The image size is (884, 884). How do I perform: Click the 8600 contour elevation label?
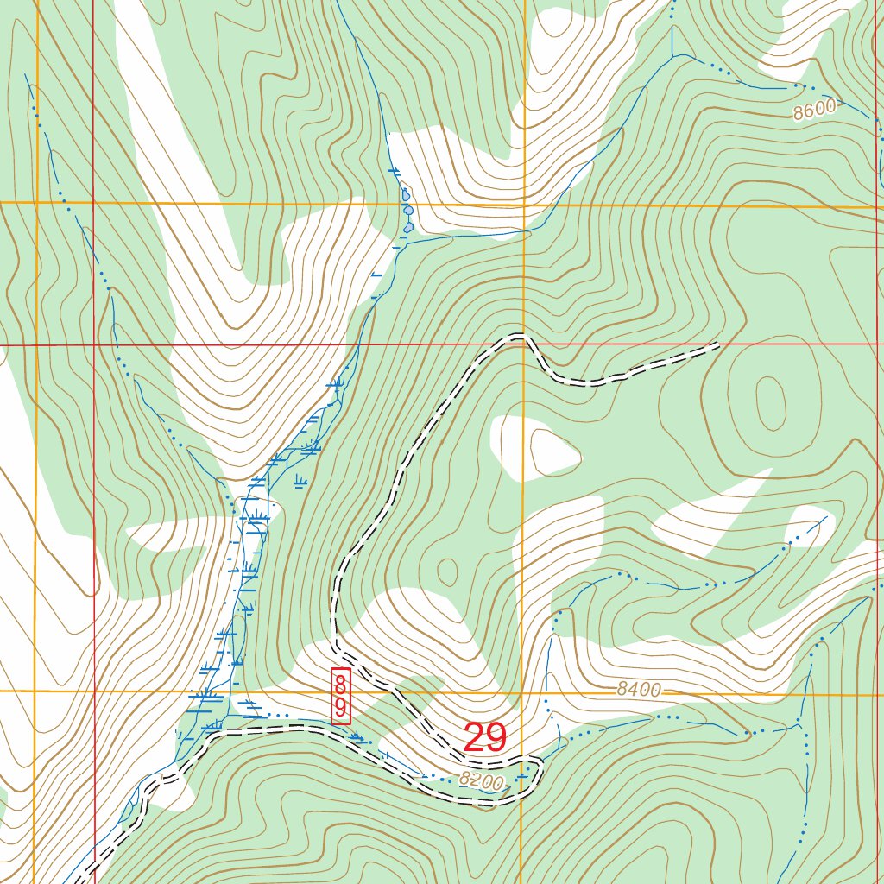point(815,110)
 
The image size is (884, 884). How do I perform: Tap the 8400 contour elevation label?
point(639,690)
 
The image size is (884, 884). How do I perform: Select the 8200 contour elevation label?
point(480,780)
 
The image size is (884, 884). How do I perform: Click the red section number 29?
point(484,738)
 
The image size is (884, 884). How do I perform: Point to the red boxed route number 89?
point(341,696)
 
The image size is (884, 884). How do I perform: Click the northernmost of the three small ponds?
point(405,196)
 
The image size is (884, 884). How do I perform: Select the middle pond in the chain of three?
point(407,210)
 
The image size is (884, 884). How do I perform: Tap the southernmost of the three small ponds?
point(408,227)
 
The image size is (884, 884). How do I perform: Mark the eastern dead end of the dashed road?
point(717,346)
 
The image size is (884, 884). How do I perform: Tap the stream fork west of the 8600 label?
point(672,54)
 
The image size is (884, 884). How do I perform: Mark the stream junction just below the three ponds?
point(406,243)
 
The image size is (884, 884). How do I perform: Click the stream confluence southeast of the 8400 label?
point(798,721)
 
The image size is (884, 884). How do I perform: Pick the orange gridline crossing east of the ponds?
point(524,205)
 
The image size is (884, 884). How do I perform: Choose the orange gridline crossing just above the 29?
point(523,691)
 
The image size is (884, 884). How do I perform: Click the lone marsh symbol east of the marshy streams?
point(300,481)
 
